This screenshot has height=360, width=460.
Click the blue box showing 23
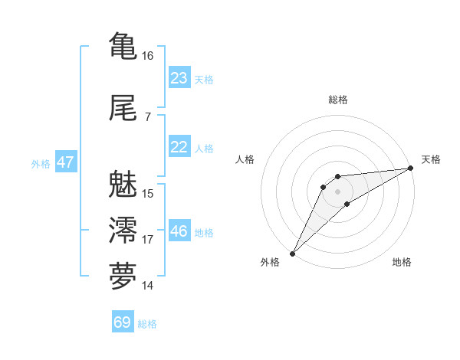179,78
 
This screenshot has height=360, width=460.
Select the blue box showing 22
179,147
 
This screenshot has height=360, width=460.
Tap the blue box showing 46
179,231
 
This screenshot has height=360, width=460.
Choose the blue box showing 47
65,162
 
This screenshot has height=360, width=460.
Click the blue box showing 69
123,322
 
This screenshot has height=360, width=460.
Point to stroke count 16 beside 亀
147,56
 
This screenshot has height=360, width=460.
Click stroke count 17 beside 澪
147,240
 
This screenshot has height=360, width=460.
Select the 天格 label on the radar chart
431,159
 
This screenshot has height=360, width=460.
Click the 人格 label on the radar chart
245,159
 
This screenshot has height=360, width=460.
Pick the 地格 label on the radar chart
402,263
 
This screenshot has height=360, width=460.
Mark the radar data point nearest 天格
411,169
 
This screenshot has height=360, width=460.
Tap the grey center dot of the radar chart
338,191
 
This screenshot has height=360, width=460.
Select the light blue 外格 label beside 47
41,163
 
